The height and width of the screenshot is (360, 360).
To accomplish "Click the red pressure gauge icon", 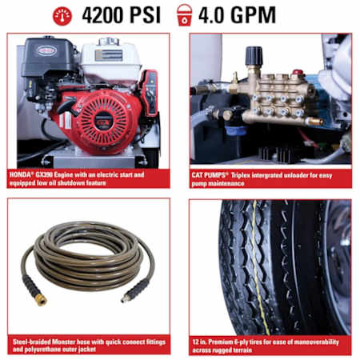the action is point(62,16).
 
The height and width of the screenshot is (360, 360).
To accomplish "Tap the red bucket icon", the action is point(184,15).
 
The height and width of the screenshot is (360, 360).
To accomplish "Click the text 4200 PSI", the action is point(122,15).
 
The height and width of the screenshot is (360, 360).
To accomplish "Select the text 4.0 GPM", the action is point(237,15).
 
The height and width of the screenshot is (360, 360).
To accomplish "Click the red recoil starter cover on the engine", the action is point(106,122).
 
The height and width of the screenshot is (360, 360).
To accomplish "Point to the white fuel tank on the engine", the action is point(110,61).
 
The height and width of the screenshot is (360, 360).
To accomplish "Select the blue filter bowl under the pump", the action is point(235,131).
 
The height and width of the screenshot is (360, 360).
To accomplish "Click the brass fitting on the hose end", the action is point(41,300).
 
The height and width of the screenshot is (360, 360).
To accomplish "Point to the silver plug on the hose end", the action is point(124,299).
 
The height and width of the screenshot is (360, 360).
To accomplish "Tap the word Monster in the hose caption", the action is point(63,342).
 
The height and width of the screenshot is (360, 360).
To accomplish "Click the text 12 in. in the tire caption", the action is point(199,342).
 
